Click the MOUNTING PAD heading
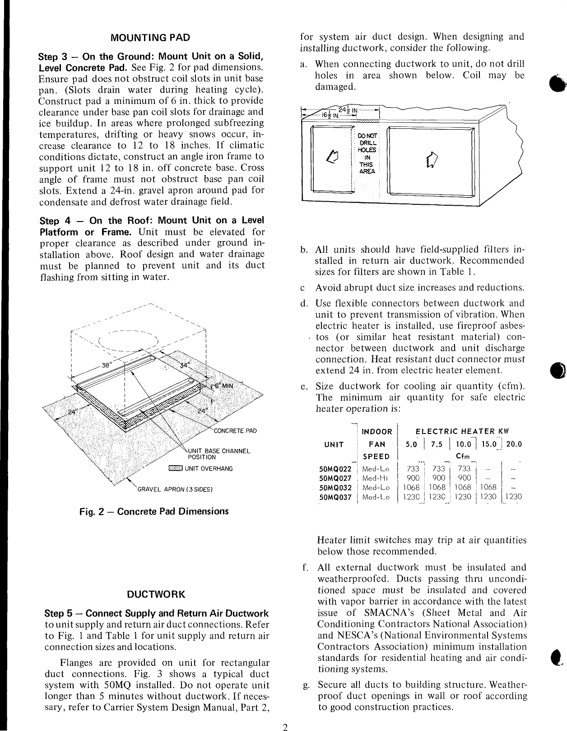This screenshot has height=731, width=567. coord(151,38)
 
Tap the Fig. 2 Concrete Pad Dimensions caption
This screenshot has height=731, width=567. coord(154,511)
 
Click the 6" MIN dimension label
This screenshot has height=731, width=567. coord(221,388)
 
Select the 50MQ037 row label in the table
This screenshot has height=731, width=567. coord(335,497)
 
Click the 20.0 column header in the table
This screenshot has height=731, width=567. coord(514,444)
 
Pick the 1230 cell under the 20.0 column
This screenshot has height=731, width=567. coord(513,497)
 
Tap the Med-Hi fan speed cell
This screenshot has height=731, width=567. coord(376,478)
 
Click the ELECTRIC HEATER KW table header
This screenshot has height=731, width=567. coord(462,432)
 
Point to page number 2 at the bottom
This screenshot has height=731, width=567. coord(285,727)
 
